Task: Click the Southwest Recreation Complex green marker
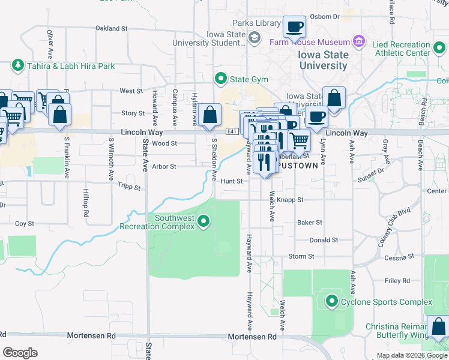click(x=203, y=222)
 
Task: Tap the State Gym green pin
click(x=220, y=79)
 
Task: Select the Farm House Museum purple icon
click(x=359, y=42)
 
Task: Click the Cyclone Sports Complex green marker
click(x=331, y=301)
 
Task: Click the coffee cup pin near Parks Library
click(x=294, y=27)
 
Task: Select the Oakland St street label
click(x=112, y=28)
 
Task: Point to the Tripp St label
click(x=128, y=187)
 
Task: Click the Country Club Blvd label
click(x=394, y=229)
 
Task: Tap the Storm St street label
click(x=301, y=256)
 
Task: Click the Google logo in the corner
click(x=20, y=352)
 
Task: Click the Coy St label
click(x=25, y=223)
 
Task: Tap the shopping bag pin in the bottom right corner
click(x=437, y=328)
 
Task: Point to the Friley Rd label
click(x=397, y=280)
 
